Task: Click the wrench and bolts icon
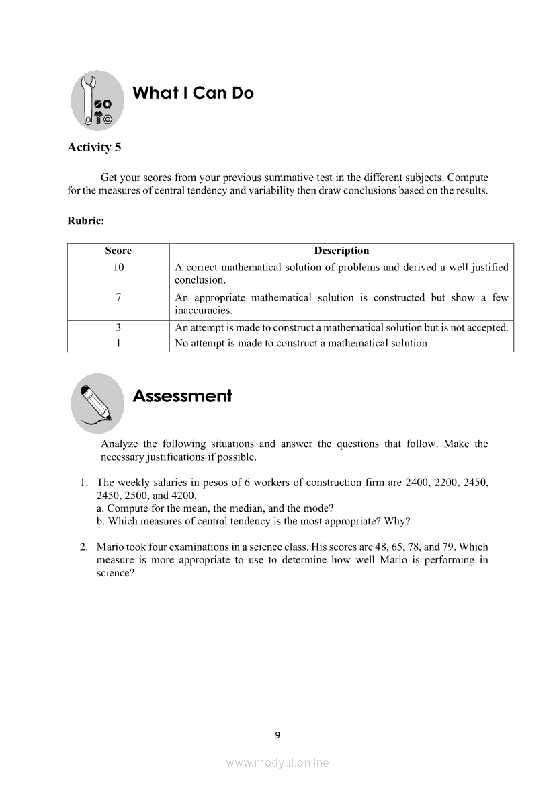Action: tap(97, 101)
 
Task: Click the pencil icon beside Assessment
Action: tap(97, 403)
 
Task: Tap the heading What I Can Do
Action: tap(194, 93)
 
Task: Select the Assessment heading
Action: tap(182, 396)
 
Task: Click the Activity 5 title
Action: tap(94, 147)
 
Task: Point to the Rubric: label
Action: tap(85, 220)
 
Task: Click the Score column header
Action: tap(118, 251)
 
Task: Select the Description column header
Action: tap(341, 251)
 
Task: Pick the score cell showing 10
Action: tap(118, 267)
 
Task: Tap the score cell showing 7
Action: tap(118, 297)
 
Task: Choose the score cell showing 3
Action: tap(118, 327)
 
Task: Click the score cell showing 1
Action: tap(118, 343)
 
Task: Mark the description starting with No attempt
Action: tap(300, 343)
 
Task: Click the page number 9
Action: tap(277, 735)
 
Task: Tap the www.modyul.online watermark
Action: tap(277, 762)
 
